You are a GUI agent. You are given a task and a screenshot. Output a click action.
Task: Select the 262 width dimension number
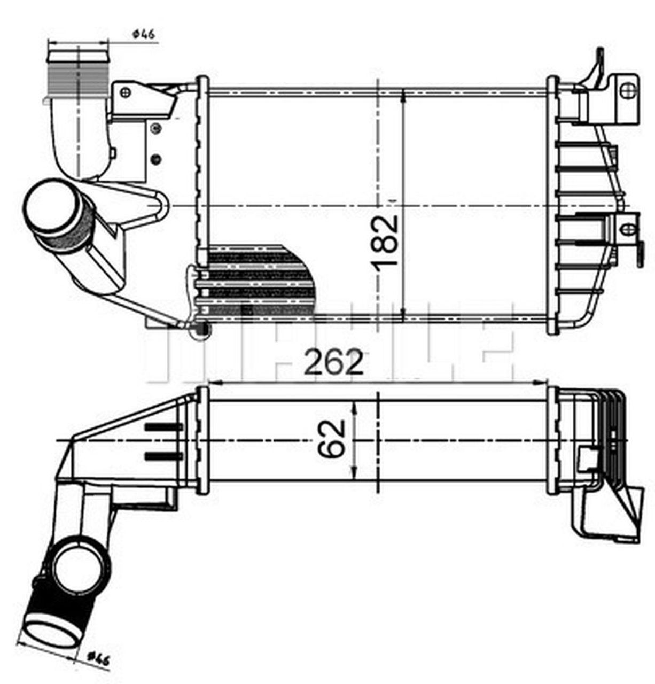[x=333, y=362]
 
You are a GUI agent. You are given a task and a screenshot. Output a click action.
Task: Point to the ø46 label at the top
[x=143, y=34]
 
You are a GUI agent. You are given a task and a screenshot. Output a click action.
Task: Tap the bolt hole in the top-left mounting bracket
[x=126, y=93]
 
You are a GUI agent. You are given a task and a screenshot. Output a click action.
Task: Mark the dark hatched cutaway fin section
[x=256, y=281]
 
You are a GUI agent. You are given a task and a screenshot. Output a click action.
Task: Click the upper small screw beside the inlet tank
[x=156, y=128]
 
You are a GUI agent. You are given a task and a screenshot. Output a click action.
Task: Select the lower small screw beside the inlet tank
[x=156, y=159]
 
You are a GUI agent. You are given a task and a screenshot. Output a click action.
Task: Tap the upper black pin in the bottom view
[x=163, y=426]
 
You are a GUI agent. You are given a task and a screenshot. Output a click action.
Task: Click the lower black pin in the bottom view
[x=163, y=456]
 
